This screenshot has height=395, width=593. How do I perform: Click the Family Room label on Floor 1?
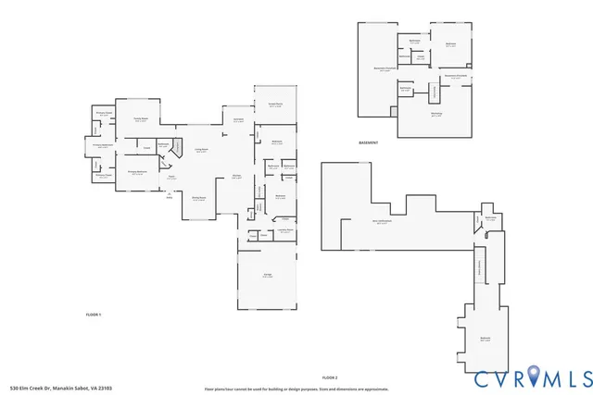(141, 119)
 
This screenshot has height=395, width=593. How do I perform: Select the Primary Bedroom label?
(138, 172)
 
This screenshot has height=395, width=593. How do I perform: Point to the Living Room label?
(201, 151)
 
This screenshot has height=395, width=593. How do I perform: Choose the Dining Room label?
(198, 199)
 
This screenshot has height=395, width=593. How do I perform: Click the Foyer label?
(170, 178)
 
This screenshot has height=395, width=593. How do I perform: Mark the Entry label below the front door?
(169, 197)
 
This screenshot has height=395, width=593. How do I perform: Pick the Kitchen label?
(237, 177)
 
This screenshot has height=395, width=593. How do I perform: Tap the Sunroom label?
(238, 119)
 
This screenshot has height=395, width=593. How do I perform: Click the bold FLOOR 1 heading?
(93, 315)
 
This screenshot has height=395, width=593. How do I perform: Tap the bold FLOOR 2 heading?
(330, 378)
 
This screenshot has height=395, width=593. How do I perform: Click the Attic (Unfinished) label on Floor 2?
(382, 222)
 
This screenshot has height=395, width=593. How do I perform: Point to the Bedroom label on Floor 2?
(485, 339)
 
